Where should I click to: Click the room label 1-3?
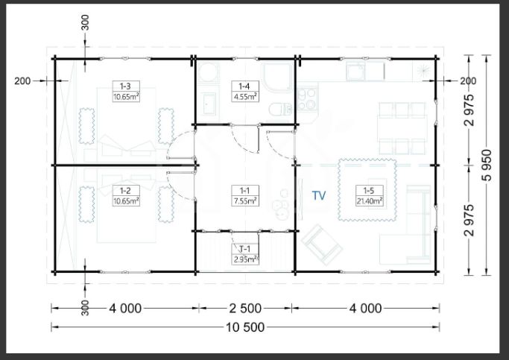pos(126,86)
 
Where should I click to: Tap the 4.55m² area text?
pos(245,97)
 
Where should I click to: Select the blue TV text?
pos(319,195)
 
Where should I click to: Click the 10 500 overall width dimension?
pos(245,327)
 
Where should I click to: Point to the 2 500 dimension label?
pos(245,309)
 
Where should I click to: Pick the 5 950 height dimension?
pos(487,165)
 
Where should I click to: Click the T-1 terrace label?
pos(244,249)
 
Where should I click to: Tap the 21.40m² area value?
pos(370,201)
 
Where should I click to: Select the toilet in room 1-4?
pos(280,109)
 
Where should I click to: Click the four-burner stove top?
pos(307,99)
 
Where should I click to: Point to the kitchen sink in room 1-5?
pos(355,71)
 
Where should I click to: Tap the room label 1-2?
pos(126,191)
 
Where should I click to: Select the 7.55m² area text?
pos(245,201)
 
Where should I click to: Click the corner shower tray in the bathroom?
pos(278,78)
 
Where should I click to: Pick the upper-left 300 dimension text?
pos(85,22)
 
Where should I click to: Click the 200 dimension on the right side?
pos(468,80)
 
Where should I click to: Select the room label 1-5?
pos(369,191)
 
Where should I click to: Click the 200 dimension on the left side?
pos(22,80)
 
